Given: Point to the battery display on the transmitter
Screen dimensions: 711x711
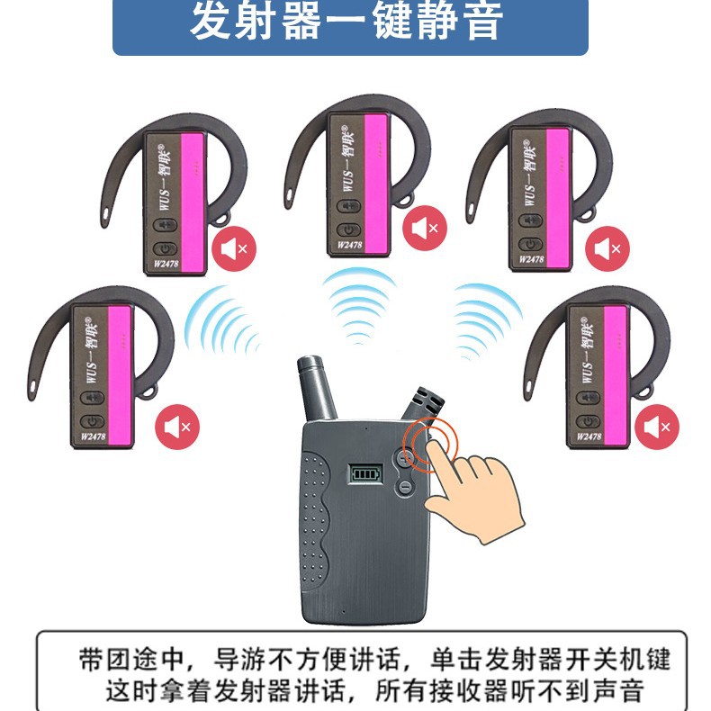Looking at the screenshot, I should coord(364,473).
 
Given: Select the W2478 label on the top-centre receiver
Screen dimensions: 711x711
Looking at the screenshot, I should coord(353,241).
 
